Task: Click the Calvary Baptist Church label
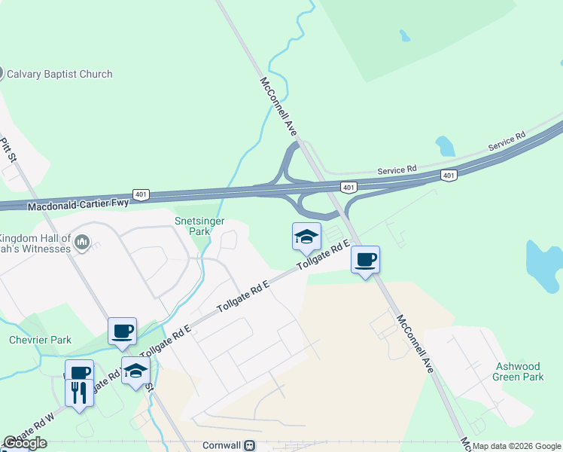(59, 74)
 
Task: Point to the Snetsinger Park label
(192, 227)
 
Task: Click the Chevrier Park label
(40, 340)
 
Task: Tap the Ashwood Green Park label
(519, 371)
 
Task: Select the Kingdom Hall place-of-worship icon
(83, 243)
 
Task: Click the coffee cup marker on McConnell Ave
(365, 260)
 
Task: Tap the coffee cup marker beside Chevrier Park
(122, 331)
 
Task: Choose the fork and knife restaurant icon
(80, 392)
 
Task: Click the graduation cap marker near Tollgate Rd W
(135, 371)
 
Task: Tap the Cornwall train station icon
(249, 445)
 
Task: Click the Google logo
(25, 443)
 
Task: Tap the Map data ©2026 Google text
(516, 446)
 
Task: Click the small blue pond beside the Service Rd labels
(444, 145)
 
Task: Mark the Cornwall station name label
(222, 445)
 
